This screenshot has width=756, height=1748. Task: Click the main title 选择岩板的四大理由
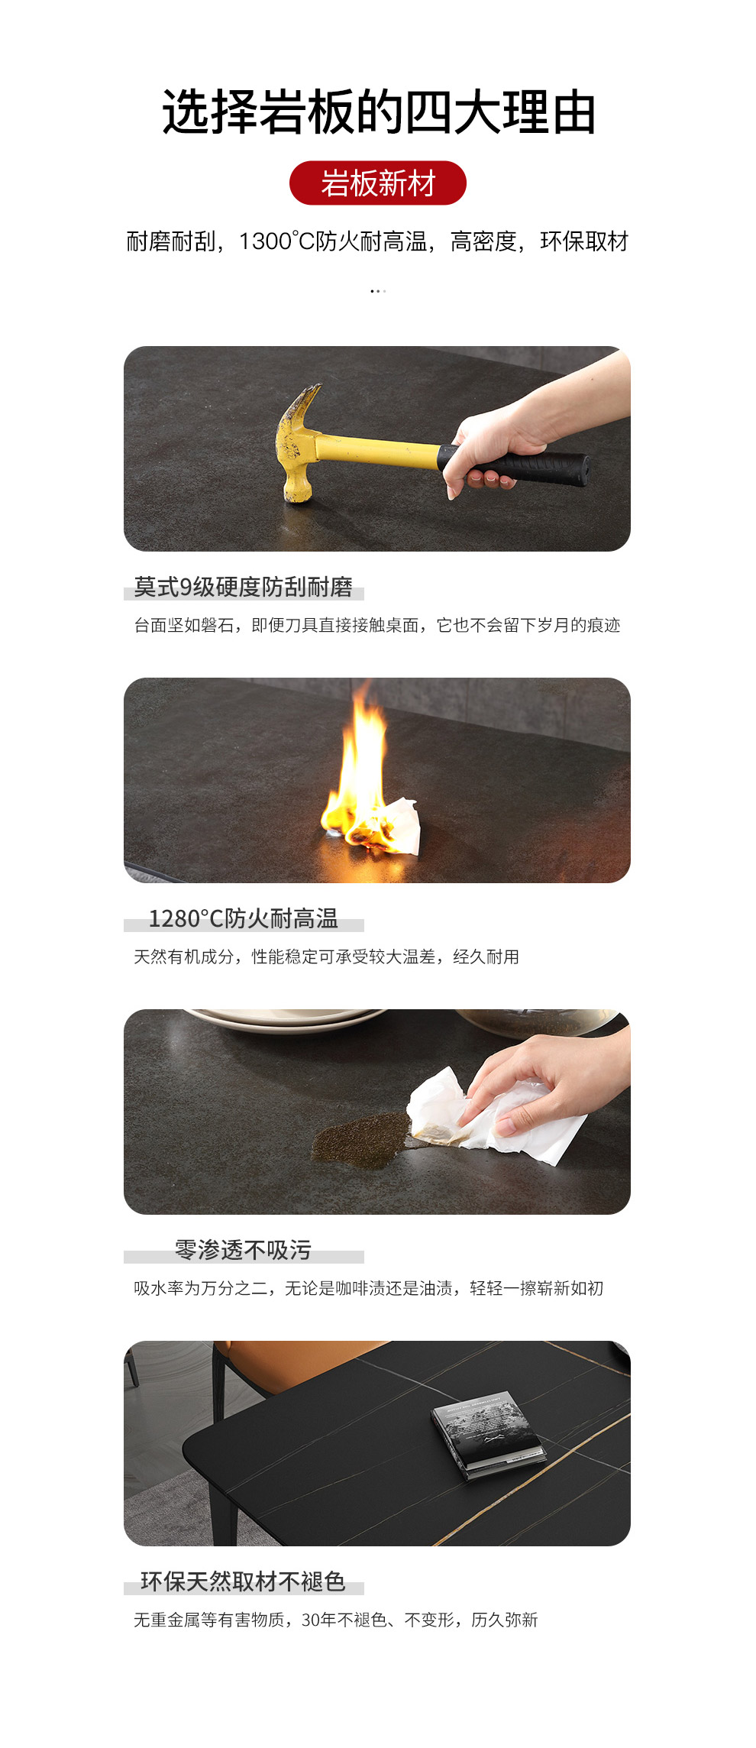(x=379, y=112)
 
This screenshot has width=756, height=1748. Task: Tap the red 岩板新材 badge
(x=378, y=183)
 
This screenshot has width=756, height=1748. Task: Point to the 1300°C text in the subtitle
(x=277, y=241)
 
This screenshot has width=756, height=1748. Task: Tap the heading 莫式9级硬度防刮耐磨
(x=244, y=587)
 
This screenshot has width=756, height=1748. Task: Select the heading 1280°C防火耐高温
(x=243, y=918)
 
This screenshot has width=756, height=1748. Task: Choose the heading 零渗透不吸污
(x=243, y=1250)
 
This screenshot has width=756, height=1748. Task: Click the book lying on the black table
(x=489, y=1435)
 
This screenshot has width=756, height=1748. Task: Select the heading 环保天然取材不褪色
(x=243, y=1581)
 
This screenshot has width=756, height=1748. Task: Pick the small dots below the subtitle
(x=378, y=291)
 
